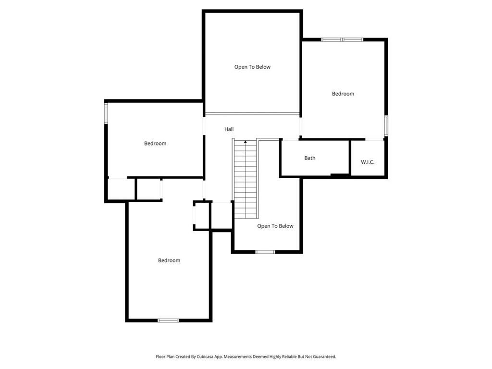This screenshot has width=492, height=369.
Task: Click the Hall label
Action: (x=229, y=129)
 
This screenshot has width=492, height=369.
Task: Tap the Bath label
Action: (x=310, y=158)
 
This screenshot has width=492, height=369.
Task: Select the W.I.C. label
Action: (x=368, y=162)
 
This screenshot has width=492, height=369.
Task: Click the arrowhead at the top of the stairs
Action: (x=246, y=142)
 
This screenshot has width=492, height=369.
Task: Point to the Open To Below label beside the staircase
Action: (x=275, y=226)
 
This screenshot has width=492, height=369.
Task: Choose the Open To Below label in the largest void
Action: (x=252, y=67)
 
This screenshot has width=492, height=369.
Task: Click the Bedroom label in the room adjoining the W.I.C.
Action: (x=343, y=94)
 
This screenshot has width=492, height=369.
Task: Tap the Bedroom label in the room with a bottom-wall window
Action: (x=169, y=260)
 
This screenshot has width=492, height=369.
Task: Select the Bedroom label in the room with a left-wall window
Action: (x=155, y=143)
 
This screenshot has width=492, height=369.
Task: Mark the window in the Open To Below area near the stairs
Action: (x=265, y=252)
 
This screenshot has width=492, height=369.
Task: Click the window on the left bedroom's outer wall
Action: (x=106, y=113)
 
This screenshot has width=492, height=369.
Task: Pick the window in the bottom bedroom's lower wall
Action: (x=168, y=320)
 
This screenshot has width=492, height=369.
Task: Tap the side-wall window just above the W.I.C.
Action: (x=386, y=125)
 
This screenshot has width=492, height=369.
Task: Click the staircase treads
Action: (x=246, y=179)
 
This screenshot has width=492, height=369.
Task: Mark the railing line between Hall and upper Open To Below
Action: (x=252, y=113)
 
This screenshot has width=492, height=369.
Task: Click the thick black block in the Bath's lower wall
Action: (x=340, y=175)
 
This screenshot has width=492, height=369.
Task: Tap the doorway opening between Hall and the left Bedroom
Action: (x=204, y=126)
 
